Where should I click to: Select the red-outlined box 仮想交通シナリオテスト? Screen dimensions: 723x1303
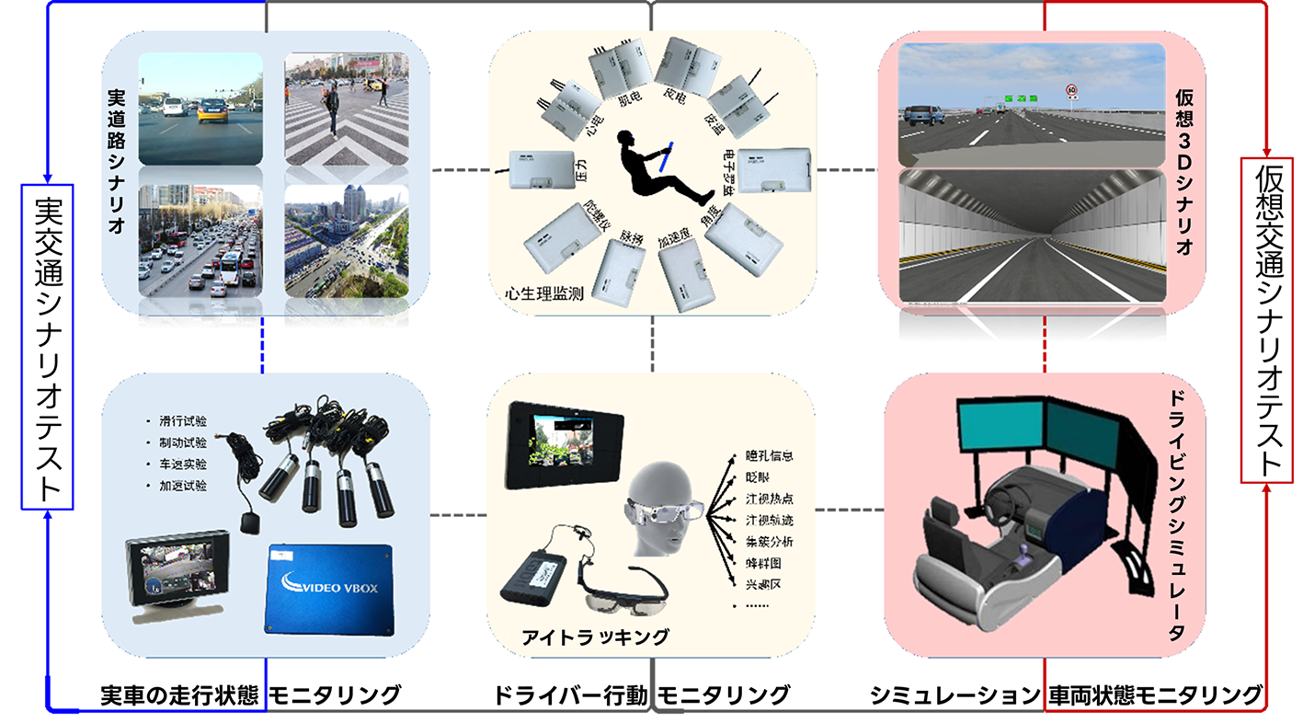1266,319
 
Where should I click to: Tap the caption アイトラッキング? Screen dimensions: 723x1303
595,636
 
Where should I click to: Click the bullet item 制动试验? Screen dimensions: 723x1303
182,442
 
